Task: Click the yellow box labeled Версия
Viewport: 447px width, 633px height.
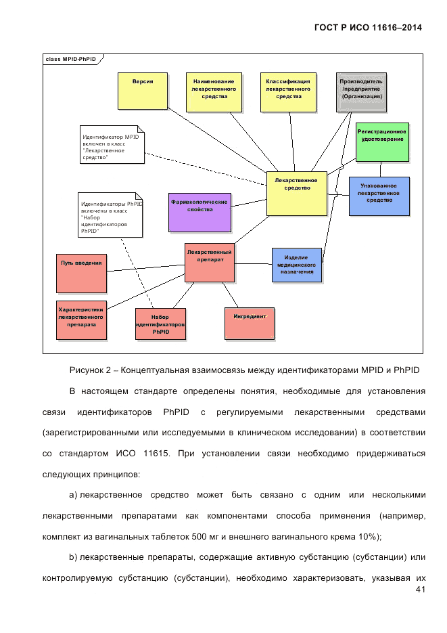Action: click(x=142, y=90)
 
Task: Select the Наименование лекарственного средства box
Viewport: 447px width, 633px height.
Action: click(x=214, y=90)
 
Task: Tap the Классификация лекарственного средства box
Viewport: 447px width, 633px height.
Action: click(x=287, y=90)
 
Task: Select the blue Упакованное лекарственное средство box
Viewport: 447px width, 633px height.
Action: click(x=379, y=196)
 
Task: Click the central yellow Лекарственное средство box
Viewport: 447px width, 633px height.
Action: click(x=296, y=193)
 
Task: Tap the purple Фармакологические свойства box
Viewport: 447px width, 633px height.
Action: click(x=199, y=212)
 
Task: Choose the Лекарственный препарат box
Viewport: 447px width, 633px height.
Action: click(x=210, y=262)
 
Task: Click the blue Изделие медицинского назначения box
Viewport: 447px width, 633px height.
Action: click(x=296, y=264)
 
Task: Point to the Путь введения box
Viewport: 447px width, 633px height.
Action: click(x=81, y=273)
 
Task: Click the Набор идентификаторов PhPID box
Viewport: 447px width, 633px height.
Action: click(x=160, y=324)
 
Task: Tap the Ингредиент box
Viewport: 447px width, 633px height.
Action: click(x=250, y=323)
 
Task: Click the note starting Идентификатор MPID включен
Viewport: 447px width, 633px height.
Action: click(x=112, y=144)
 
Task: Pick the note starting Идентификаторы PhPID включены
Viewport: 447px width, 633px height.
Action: click(x=111, y=214)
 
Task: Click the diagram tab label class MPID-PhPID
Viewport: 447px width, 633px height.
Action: click(x=70, y=60)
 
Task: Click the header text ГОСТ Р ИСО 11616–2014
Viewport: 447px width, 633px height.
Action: click(x=369, y=28)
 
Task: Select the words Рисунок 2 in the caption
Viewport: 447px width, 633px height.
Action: click(x=90, y=370)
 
